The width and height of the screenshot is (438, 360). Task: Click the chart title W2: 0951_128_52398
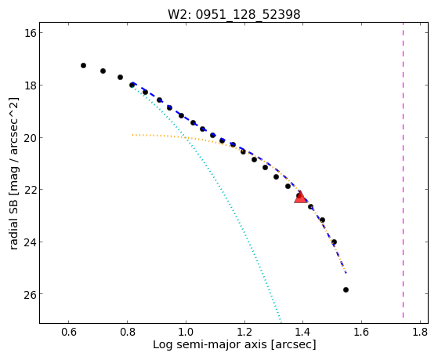point(233,15)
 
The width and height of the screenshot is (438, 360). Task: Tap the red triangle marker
point(301,198)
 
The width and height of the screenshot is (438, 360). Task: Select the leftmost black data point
point(83,65)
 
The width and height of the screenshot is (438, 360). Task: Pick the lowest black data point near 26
point(346,289)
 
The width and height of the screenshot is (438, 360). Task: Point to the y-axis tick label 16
point(30,33)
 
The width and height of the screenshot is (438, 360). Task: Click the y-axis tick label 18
point(30,85)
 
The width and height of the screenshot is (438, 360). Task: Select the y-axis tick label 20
point(30,137)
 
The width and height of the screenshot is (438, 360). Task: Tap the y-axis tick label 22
point(30,190)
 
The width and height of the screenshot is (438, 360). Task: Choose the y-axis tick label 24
point(30,242)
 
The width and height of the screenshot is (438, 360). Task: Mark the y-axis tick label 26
point(30,294)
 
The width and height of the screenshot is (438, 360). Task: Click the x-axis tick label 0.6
point(69,332)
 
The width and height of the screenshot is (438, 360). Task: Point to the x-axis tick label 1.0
point(186,332)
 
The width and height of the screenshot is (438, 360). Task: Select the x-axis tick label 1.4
point(303,332)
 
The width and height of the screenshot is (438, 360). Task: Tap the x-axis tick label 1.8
point(420,332)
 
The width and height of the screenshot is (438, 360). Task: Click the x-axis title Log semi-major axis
point(209,344)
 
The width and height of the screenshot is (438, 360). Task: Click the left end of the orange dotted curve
point(133,135)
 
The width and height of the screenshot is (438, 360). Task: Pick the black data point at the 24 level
point(334,242)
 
